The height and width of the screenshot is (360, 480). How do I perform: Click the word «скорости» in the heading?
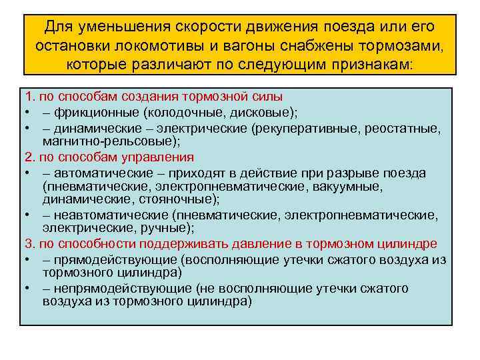[x=202, y=28]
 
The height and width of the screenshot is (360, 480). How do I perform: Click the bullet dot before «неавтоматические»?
[x=27, y=215]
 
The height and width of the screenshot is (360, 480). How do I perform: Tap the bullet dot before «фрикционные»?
[x=27, y=113]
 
